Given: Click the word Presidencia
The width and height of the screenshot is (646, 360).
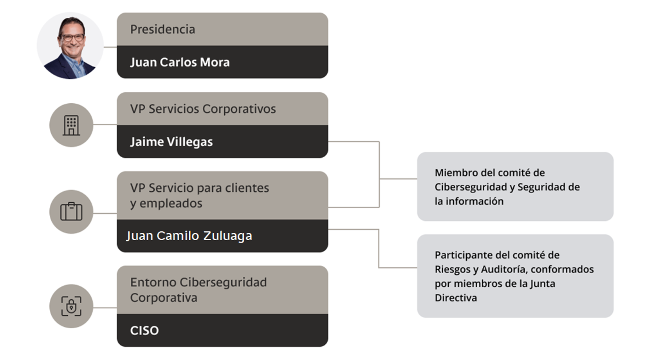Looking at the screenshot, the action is [162, 29].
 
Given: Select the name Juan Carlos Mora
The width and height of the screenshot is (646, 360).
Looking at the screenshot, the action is [180, 62].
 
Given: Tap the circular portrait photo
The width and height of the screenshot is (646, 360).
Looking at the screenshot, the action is [70, 45].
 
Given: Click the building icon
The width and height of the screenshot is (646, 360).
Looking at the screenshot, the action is [71, 125].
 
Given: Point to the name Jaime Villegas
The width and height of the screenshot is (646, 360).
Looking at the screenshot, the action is [171, 142].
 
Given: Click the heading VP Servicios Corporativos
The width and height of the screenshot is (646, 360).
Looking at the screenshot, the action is [203, 109].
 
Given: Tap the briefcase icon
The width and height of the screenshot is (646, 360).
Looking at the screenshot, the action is [71, 212].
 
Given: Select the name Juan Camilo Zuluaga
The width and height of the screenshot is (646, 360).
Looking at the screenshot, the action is [189, 236].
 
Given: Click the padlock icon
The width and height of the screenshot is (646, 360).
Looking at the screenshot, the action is [71, 306].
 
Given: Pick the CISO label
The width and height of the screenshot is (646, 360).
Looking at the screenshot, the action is [144, 331].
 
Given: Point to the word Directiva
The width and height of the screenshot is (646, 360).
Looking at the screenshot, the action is [456, 298].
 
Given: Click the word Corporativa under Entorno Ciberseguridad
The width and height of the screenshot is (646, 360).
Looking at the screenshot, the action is [164, 298].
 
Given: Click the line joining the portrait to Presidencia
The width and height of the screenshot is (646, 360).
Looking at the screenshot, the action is [110, 47].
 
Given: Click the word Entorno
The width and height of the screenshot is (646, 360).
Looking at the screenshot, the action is [153, 283].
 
